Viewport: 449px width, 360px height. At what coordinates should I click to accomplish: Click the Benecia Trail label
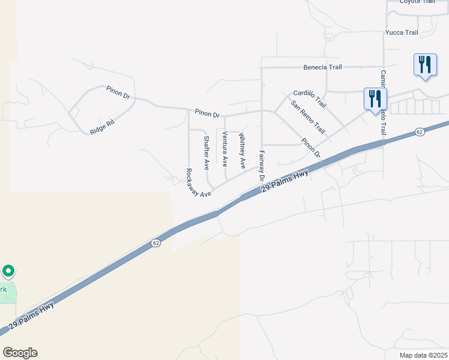322,67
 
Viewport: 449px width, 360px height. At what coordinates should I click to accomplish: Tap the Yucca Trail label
402,33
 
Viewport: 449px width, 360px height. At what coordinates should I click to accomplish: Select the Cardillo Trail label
310,98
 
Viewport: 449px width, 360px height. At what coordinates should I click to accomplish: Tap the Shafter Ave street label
206,152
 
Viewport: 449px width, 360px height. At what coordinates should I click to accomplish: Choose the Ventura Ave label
224,148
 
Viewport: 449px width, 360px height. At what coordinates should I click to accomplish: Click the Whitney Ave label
242,151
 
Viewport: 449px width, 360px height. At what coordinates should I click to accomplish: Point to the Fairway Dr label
261,165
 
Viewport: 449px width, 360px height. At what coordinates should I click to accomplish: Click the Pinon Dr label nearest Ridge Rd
118,92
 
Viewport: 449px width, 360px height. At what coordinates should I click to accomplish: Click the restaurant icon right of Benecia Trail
425,64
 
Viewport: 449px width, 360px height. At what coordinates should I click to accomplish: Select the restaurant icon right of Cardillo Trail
375,98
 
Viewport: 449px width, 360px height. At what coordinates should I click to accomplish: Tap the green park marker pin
8,272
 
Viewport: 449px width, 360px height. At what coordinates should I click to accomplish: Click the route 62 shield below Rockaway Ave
155,243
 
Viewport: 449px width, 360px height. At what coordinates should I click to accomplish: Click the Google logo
20,353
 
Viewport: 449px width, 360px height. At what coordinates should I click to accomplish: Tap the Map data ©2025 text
423,355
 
